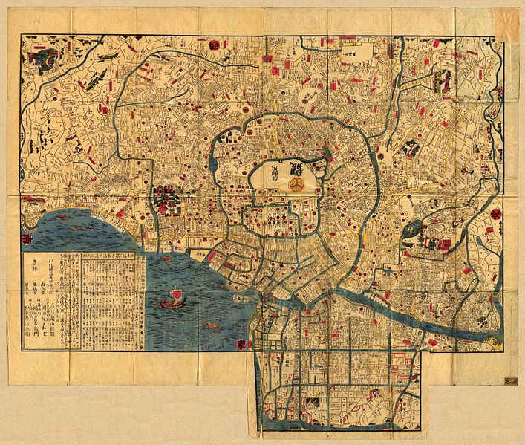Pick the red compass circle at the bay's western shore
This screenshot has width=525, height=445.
click(27, 240)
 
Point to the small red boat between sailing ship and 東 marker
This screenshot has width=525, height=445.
click(212, 325)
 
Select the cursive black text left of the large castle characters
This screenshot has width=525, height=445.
click(276, 172)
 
